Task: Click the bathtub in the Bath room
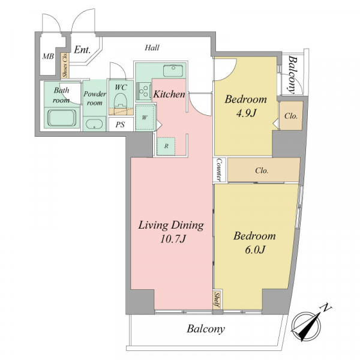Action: [x=62, y=118]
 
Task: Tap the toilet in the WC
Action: [x=121, y=101]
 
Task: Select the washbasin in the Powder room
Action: [x=94, y=125]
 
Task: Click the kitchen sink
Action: [x=173, y=71]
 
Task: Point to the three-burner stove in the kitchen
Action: [x=143, y=91]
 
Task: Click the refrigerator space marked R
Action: [x=166, y=146]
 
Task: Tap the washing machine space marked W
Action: [x=145, y=118]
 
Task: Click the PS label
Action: [x=121, y=125]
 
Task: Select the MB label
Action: [x=48, y=56]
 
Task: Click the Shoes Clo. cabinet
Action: [x=65, y=65]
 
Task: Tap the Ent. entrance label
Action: [x=82, y=49]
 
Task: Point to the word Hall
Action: [x=152, y=48]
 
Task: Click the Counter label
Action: [x=220, y=169]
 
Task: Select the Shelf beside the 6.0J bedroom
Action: [x=217, y=299]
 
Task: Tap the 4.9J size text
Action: [x=246, y=113]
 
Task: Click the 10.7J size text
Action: [x=172, y=239]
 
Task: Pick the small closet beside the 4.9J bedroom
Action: [x=291, y=116]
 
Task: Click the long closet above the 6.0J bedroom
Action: [x=263, y=170]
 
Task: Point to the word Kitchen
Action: [x=169, y=94]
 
